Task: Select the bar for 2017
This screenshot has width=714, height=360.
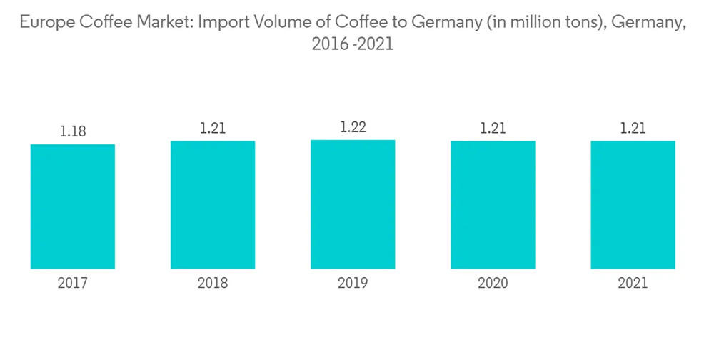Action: pyautogui.click(x=73, y=206)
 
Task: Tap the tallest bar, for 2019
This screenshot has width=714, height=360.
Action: pyautogui.click(x=353, y=204)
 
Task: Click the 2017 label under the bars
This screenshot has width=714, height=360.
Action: pyautogui.click(x=73, y=284)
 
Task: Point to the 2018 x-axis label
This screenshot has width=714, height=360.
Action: pyautogui.click(x=213, y=284)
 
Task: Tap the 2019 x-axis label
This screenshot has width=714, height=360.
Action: pyautogui.click(x=353, y=284)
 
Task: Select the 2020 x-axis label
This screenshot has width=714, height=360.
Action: pyautogui.click(x=493, y=284)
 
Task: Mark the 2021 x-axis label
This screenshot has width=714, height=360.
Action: pyautogui.click(x=633, y=284)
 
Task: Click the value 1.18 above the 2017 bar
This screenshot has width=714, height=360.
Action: pyautogui.click(x=73, y=132)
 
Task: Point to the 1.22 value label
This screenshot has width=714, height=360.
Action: pyautogui.click(x=353, y=128)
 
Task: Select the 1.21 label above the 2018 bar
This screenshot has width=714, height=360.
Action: pyautogui.click(x=213, y=129)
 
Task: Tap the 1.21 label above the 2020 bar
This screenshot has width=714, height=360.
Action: pyautogui.click(x=493, y=129)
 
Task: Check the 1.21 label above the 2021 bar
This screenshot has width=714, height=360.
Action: pyautogui.click(x=633, y=129)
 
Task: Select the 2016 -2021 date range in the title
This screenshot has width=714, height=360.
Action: pyautogui.click(x=353, y=44)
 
